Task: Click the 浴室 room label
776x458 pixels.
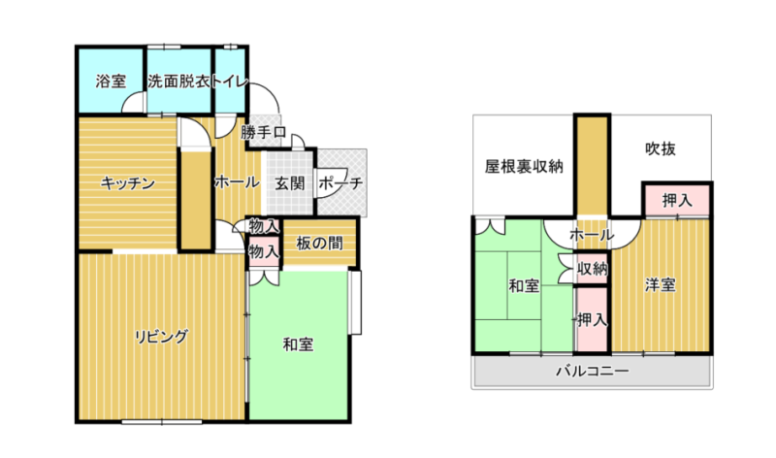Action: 111,82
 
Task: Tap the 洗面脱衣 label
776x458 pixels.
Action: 178,82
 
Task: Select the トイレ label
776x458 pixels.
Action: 230,82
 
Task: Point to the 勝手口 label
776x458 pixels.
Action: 263,133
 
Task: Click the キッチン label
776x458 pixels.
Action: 128,183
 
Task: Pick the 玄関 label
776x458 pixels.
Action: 289,183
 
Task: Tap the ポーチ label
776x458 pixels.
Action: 340,183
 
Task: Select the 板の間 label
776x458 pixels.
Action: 320,244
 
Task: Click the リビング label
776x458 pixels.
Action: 161,337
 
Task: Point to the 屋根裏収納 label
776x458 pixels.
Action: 524,166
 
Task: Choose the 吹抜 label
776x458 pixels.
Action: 661,149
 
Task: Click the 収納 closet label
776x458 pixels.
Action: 593,269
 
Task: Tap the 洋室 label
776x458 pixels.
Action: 661,285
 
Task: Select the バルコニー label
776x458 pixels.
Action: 593,371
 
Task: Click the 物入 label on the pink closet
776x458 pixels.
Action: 264,252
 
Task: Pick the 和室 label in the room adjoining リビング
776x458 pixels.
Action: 298,344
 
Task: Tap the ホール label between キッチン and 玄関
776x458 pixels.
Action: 237,182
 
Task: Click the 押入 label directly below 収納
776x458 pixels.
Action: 593,320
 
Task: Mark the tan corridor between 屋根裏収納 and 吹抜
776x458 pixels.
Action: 593,166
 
